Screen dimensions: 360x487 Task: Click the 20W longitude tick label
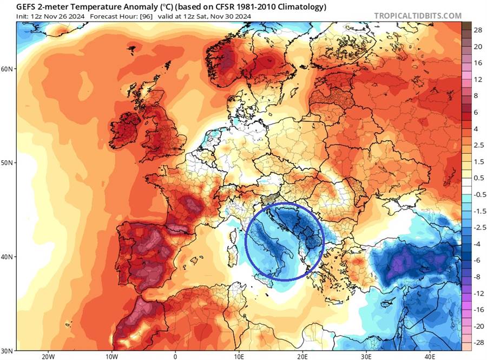48,356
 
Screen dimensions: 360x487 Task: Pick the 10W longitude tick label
112,356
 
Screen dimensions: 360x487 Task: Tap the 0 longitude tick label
175,356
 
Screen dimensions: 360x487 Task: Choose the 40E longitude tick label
430,356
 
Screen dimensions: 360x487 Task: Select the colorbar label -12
478,293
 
